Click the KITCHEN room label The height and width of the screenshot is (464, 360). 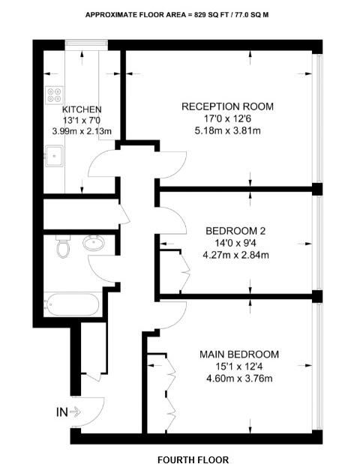pyautogui.click(x=82, y=109)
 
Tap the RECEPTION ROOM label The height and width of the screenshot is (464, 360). pyautogui.click(x=228, y=106)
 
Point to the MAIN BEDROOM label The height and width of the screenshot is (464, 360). pyautogui.click(x=239, y=354)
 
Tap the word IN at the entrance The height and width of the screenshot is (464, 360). pyautogui.click(x=61, y=412)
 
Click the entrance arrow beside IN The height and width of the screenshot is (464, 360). pyautogui.click(x=76, y=412)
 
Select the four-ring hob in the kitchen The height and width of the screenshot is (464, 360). pyautogui.click(x=55, y=95)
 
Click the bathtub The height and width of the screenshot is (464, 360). pyautogui.click(x=72, y=305)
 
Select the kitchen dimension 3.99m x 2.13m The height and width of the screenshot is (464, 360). pyautogui.click(x=82, y=132)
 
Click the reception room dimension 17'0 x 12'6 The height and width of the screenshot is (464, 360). pyautogui.click(x=228, y=119)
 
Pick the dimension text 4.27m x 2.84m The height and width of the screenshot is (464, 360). pyautogui.click(x=237, y=255)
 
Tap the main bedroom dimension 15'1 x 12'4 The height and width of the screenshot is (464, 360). pyautogui.click(x=239, y=366)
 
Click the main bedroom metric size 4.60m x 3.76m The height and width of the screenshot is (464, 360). pyautogui.click(x=239, y=378)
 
